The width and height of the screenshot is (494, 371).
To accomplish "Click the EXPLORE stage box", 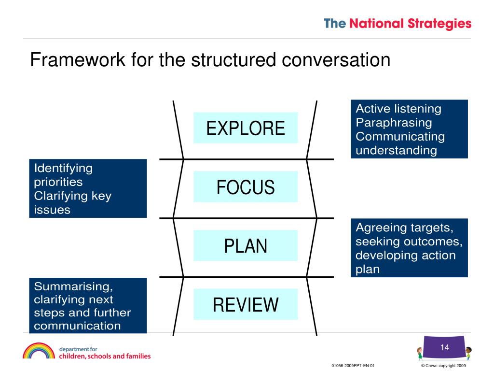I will pos(246,128).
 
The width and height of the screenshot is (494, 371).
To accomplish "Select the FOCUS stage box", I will pos(246,187).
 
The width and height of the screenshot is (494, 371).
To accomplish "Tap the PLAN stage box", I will pos(246,246).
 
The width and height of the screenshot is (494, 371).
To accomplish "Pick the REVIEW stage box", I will pos(246,305).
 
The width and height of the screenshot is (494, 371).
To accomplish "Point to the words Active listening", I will pos(398,109).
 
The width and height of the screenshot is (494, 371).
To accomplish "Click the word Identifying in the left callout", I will pos(63,168).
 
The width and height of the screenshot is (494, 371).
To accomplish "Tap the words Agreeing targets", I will pos(412,228).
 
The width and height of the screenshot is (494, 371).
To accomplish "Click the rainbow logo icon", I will pos(39,351).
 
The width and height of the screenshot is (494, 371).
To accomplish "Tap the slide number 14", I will pos(444,347).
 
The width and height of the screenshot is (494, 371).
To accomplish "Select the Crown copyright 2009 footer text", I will pos(444,366).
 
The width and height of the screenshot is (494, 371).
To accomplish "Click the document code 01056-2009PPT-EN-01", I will pos(353,366).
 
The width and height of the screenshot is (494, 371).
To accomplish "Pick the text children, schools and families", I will pos(105,357).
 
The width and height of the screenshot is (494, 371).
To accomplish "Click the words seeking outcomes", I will pos(412,242).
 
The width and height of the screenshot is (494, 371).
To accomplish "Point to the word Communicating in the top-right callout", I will pos(400,137).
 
